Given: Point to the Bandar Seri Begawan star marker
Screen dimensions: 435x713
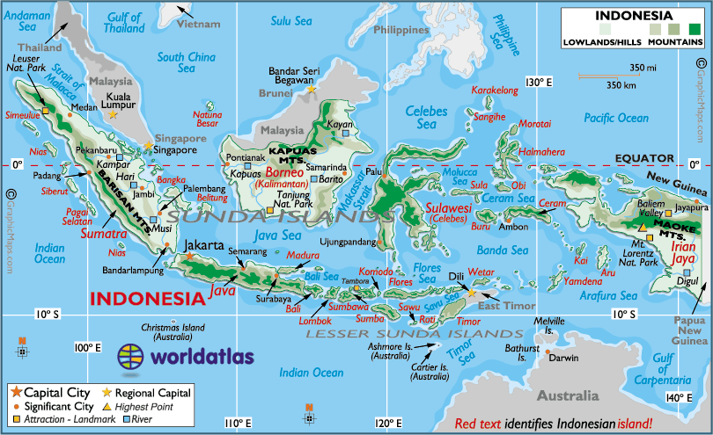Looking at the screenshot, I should click(311, 89).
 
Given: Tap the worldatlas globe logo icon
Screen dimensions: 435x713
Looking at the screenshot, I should click(130, 357).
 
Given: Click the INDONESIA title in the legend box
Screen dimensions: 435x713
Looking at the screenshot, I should click(634, 16).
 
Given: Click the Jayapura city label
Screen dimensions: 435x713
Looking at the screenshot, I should click(692, 207).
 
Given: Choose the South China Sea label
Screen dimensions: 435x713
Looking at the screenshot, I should click(187, 62).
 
